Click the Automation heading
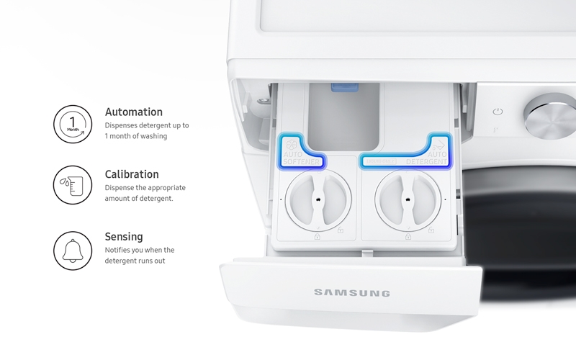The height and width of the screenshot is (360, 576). coord(134,112)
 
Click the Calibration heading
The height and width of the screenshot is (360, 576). coord(132,174)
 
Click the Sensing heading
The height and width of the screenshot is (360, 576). coord(124,236)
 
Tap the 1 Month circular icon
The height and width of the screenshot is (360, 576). coord(73,125)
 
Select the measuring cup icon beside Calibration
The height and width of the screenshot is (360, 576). coord(73,186)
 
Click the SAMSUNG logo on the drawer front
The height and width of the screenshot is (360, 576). coord(351,293)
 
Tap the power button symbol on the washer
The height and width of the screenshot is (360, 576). coord(498,112)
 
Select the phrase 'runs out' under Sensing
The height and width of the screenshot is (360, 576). coord(156,260)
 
